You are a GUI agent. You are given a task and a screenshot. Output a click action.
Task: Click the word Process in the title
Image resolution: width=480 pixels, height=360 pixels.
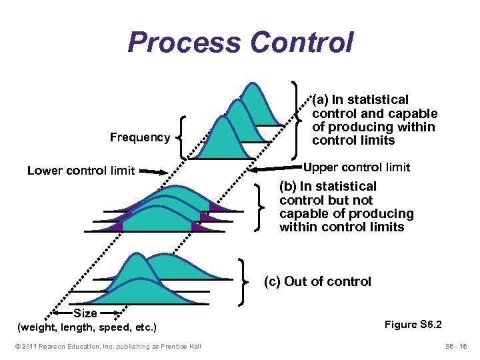click(185, 42)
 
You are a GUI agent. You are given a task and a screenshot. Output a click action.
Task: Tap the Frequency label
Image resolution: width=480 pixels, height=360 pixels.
click(140, 137)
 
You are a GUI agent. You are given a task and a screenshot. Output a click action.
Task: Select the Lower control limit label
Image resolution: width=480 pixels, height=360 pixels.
click(81, 171)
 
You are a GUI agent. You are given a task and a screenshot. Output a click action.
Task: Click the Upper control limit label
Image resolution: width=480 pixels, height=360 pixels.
click(357, 167)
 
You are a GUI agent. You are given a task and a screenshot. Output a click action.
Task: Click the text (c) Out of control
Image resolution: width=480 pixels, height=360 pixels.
click(317, 281)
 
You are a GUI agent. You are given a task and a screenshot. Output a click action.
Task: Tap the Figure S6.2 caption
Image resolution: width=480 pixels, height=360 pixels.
click(413, 325)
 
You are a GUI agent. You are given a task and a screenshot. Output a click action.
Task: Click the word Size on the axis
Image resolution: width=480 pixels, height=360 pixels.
click(85, 313)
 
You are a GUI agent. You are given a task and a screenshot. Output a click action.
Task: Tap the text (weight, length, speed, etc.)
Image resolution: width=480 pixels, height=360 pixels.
click(87, 327)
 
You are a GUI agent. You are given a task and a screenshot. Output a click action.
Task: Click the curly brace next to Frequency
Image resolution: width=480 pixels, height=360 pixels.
click(182, 137)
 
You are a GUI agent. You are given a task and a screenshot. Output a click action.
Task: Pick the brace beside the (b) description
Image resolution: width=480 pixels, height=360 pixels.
click(261, 207)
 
